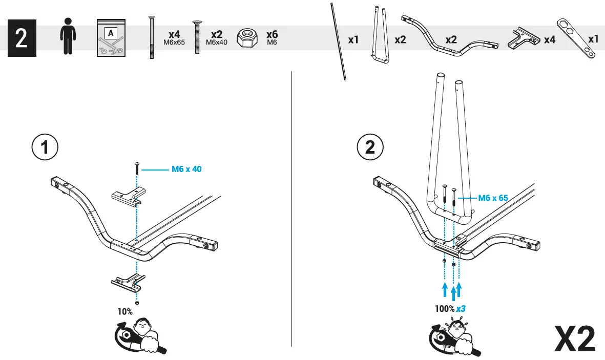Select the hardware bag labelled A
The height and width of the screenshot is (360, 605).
click(x=111, y=39)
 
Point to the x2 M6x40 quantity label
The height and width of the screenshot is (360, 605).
click(x=216, y=37)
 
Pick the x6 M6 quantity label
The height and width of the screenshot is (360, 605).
click(x=272, y=37)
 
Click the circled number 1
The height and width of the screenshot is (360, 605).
click(x=45, y=147)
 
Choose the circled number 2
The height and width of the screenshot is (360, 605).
click(x=369, y=147)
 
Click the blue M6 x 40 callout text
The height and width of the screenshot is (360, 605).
click(x=186, y=169)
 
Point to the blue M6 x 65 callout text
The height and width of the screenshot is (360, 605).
click(x=493, y=197)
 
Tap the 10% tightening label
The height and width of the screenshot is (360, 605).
click(x=125, y=311)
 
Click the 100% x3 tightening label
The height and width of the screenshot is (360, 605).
click(x=449, y=309)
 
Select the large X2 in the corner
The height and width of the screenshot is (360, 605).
click(x=575, y=338)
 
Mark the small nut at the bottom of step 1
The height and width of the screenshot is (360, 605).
click(x=137, y=303)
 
